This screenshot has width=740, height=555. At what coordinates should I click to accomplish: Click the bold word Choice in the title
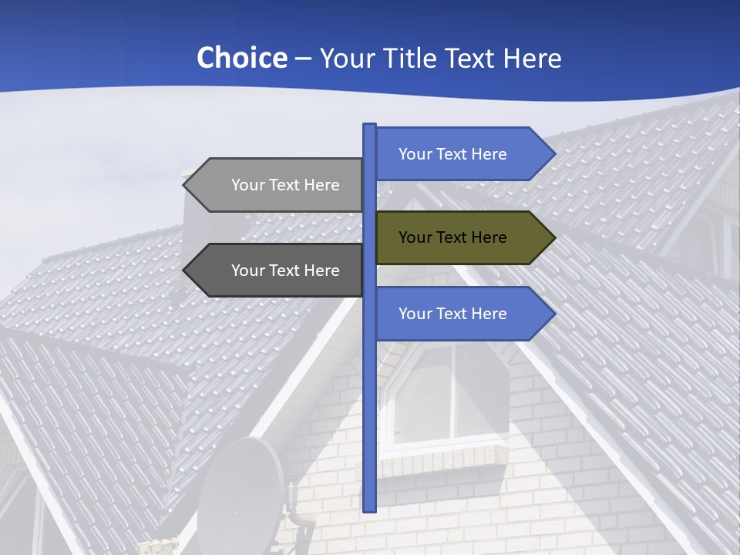point(241,58)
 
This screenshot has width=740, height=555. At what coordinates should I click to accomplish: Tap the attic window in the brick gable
point(451,397)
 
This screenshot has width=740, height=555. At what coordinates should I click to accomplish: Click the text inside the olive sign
point(452,237)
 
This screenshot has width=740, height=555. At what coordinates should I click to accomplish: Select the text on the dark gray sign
point(285,271)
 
